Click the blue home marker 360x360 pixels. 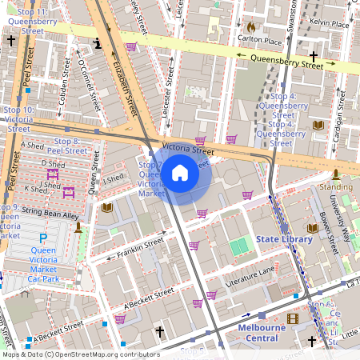click(x=180, y=172)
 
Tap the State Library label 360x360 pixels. click(x=284, y=239)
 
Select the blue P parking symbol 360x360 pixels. click(x=43, y=238)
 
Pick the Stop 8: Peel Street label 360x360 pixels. click(x=67, y=145)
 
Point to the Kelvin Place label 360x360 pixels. click(x=329, y=24)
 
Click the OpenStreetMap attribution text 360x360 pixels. click(x=81, y=354)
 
